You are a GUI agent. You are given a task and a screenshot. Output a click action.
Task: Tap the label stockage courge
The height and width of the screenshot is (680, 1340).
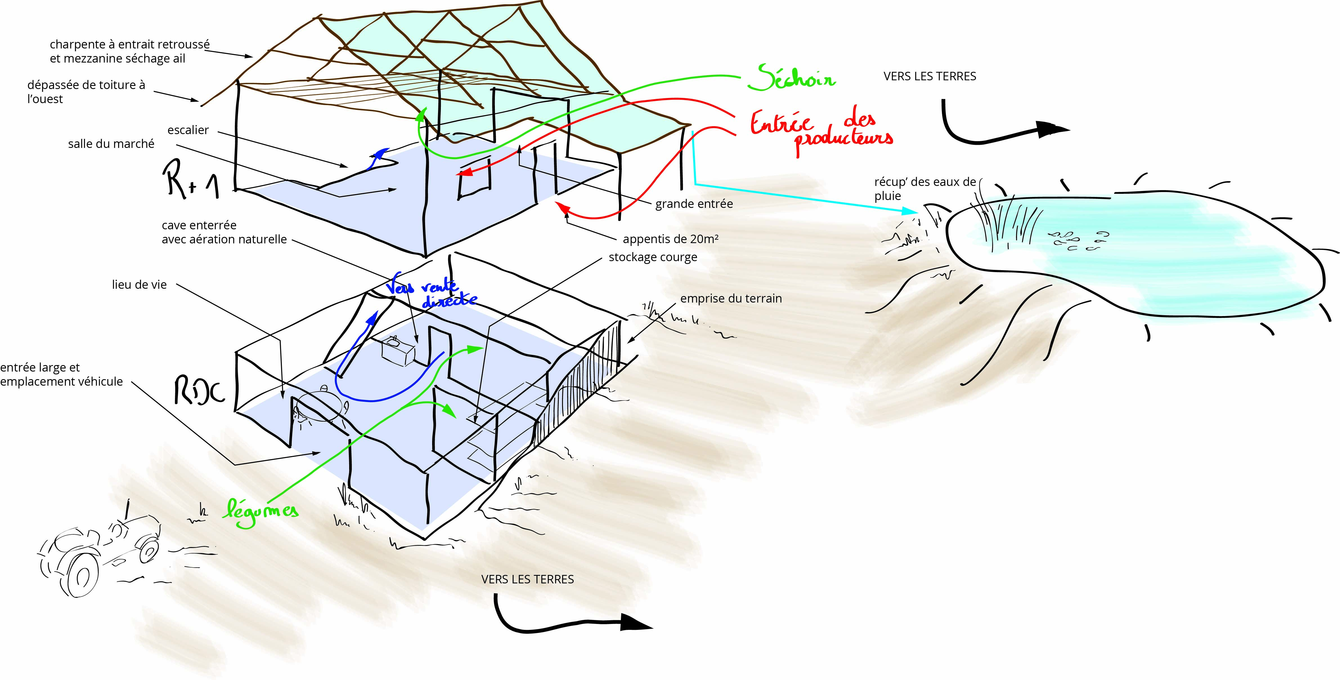tap(652, 257)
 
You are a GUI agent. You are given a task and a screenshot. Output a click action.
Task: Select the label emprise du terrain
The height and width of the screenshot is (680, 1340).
tap(731, 298)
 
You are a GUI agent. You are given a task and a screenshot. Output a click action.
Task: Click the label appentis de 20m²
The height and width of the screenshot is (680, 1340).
tap(670, 239)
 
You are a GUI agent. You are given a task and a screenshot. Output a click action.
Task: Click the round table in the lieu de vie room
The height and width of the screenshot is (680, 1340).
tap(320, 407)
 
